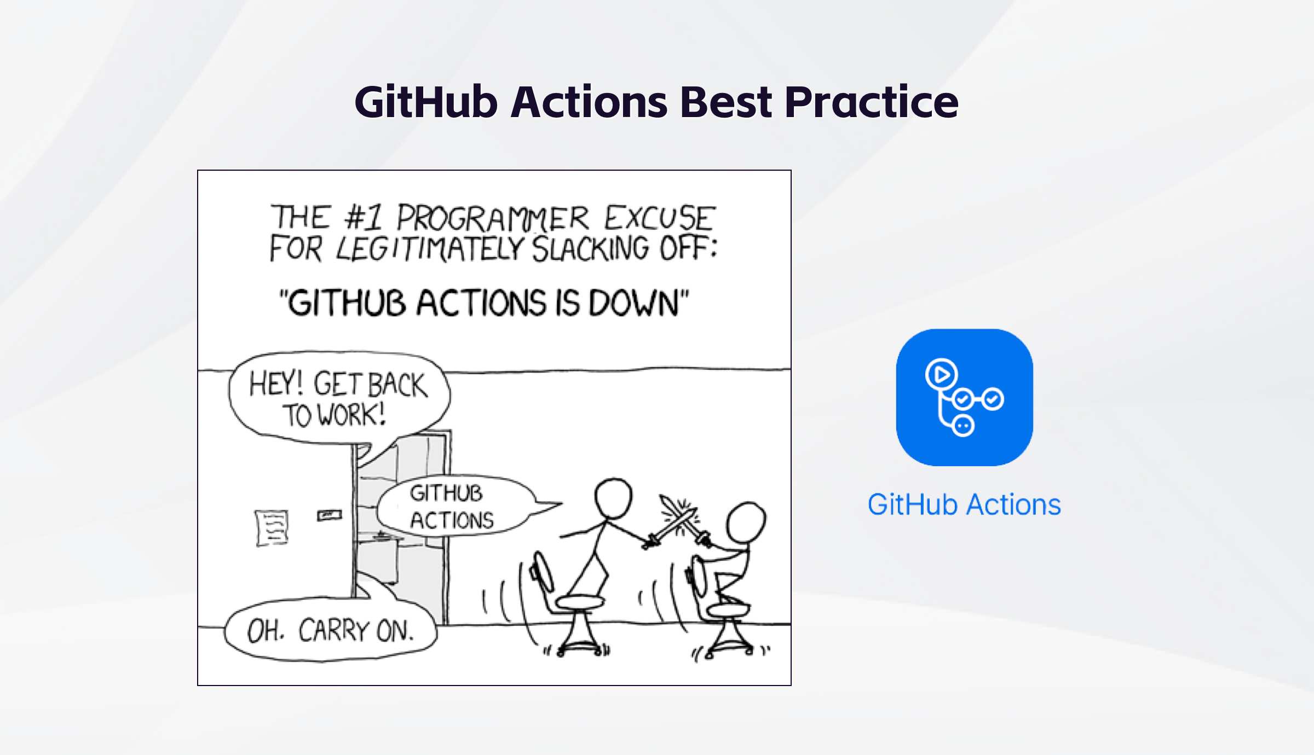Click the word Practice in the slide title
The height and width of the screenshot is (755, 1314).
pos(871,102)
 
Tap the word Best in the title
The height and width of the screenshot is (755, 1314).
pos(725,102)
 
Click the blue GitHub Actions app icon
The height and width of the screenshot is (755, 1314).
pos(964,397)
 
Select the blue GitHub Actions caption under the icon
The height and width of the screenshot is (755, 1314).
pos(964,504)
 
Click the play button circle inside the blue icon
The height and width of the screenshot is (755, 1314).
pos(941,375)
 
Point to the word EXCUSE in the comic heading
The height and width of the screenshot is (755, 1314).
pos(660,218)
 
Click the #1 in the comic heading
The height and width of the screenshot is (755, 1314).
pos(363,217)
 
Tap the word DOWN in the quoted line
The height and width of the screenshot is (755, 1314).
pos(633,303)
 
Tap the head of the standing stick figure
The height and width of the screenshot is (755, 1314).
pos(613,498)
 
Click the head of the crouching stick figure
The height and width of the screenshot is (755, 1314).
pos(745,522)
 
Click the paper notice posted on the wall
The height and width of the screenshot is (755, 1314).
pos(272,527)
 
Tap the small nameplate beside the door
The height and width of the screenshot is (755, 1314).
pos(329,515)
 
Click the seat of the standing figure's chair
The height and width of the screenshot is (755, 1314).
pos(580,602)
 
